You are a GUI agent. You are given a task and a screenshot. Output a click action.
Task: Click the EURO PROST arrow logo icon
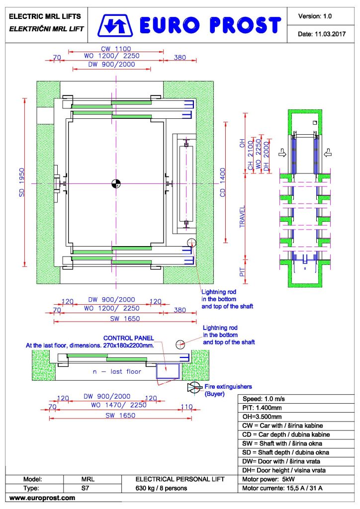(115, 25)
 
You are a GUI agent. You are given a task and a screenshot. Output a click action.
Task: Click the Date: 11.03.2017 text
(322, 34)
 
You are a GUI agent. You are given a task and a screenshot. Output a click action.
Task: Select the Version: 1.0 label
(315, 16)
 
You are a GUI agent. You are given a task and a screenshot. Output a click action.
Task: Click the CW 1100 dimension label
(116, 49)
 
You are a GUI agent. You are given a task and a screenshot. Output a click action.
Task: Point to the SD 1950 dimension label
(22, 182)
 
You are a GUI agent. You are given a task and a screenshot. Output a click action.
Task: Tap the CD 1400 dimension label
(223, 182)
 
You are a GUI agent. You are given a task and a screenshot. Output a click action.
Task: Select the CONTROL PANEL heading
(129, 338)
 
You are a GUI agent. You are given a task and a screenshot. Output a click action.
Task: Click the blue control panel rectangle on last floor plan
(168, 371)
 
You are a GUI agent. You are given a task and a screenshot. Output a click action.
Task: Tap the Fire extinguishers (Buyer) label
(228, 390)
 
